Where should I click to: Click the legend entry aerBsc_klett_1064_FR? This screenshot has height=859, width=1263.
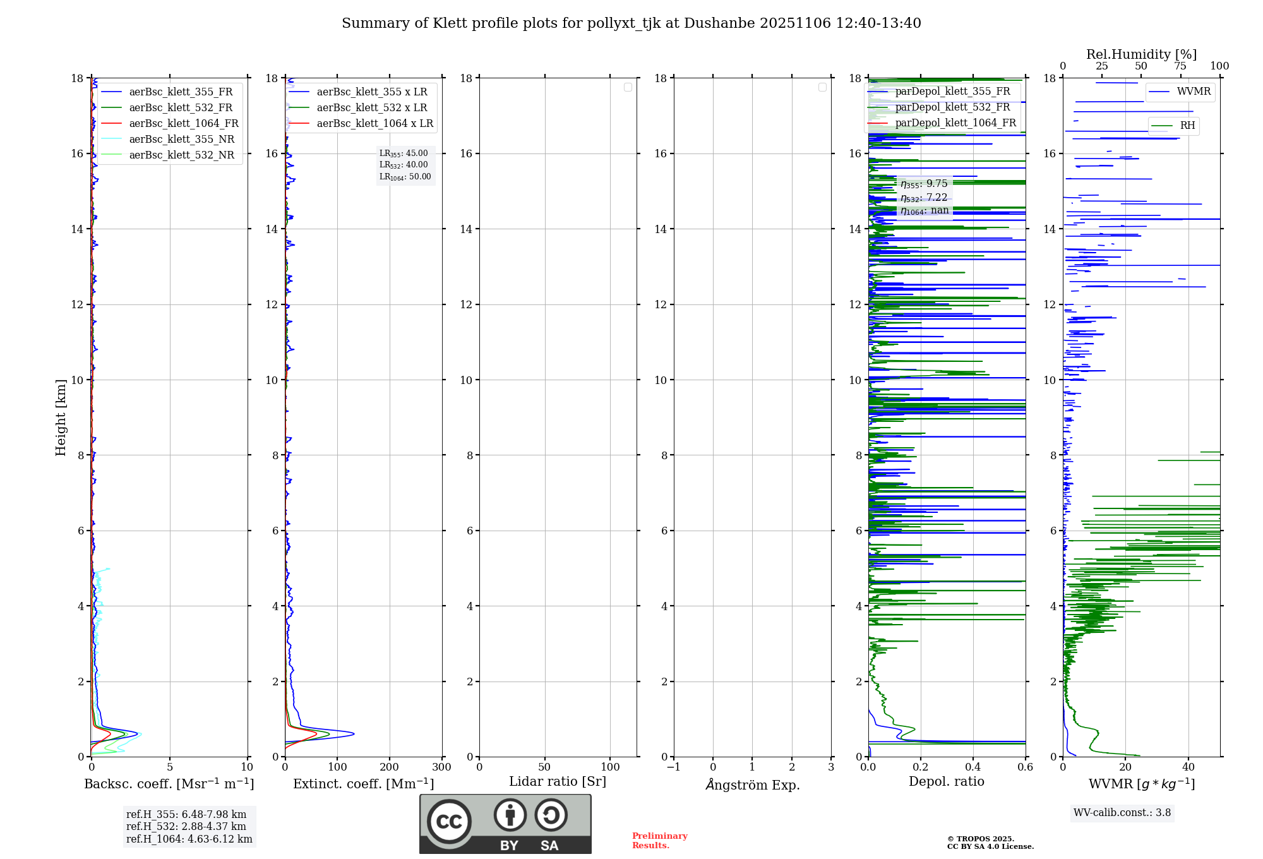(x=183, y=124)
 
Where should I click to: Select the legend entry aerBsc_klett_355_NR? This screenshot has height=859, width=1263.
(x=181, y=140)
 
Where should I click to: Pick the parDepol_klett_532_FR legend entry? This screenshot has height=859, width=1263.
(x=952, y=107)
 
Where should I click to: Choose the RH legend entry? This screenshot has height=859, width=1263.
(x=1187, y=126)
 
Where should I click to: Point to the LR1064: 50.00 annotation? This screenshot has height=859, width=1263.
(x=405, y=177)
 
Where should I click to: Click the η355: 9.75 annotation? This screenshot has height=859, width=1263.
(x=924, y=184)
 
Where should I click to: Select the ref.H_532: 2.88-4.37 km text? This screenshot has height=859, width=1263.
(x=186, y=826)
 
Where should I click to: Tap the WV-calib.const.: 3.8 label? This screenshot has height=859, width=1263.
(x=1122, y=813)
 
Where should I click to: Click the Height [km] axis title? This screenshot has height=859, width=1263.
(x=61, y=417)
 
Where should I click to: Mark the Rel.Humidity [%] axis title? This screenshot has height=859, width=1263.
(x=1141, y=54)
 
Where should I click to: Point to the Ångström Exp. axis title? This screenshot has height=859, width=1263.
(x=752, y=784)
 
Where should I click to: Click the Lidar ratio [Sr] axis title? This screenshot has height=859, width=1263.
(x=557, y=782)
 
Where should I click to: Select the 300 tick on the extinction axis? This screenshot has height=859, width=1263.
(x=441, y=767)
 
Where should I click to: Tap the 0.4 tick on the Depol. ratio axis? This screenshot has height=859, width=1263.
(x=973, y=767)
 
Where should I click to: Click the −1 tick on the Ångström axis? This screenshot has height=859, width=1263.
(x=674, y=767)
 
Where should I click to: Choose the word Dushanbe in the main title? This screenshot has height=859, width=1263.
(x=719, y=23)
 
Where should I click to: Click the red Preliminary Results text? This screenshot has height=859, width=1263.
(x=659, y=841)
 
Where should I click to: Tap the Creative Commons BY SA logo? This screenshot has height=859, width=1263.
(x=505, y=824)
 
